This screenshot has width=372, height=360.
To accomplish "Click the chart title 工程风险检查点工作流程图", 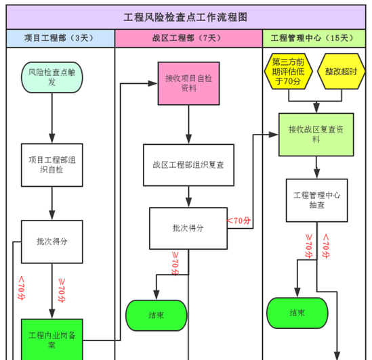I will (185, 16).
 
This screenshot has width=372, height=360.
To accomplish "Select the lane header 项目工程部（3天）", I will (60, 39).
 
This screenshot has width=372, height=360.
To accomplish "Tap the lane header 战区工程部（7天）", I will (188, 39).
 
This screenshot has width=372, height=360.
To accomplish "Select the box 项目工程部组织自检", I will (52, 165).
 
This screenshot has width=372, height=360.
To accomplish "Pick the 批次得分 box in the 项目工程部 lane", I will (52, 242).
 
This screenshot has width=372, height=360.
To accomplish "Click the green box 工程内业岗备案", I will (52, 339).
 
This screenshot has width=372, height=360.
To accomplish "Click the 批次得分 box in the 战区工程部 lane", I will (188, 228).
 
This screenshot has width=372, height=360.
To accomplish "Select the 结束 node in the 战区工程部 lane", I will (156, 315).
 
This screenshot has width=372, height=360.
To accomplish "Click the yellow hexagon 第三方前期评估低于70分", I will (287, 72).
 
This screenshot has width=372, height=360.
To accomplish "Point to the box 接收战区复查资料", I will (316, 135).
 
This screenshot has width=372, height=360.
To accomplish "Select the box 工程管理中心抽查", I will (316, 200).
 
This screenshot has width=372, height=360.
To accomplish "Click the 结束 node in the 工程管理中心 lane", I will (297, 313).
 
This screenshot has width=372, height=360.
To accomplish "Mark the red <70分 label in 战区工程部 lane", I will (239, 221).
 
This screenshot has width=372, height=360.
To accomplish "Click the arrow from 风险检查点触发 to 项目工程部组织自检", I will (52, 118).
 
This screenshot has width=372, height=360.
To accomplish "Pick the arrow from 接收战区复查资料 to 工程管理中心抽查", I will (316, 168).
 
